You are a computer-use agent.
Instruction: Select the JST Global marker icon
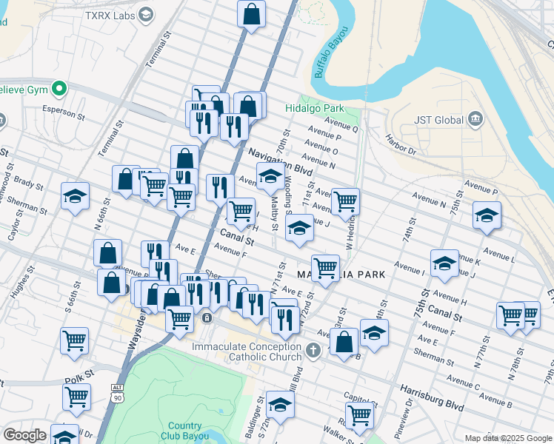475,119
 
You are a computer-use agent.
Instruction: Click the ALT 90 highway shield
116,392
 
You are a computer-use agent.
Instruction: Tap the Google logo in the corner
24,435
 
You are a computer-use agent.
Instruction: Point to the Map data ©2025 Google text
507,437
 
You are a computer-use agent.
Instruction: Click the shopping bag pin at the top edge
252,13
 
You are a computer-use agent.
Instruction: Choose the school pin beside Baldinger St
280,404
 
